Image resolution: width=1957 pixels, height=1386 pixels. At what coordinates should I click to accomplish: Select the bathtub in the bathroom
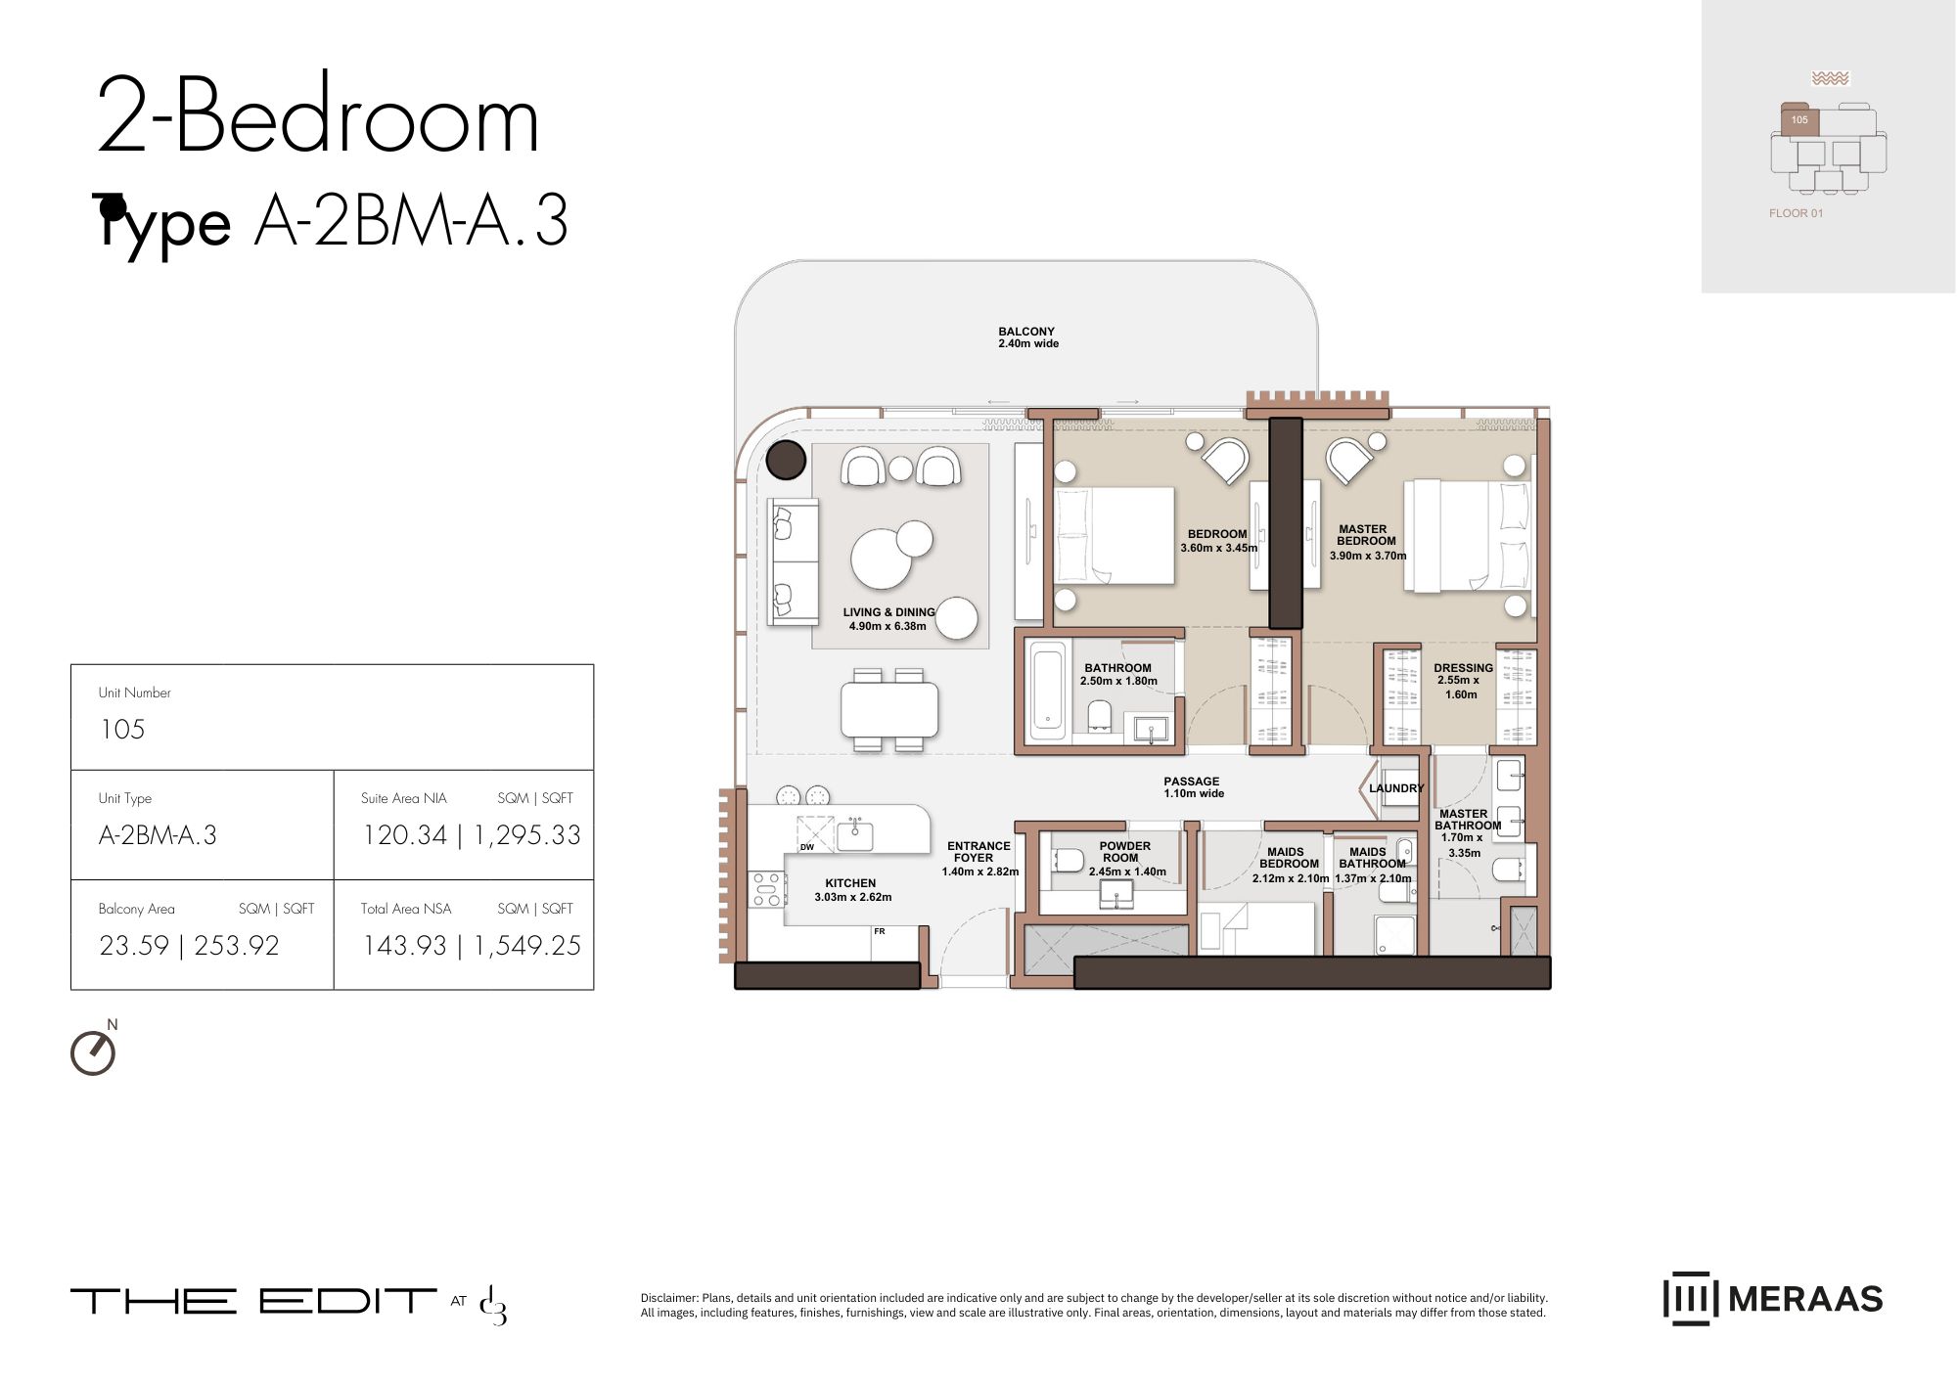(1047, 689)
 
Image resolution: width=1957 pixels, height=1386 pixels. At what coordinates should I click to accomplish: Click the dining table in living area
(888, 709)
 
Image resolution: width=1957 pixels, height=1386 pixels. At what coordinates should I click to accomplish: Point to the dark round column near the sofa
(786, 460)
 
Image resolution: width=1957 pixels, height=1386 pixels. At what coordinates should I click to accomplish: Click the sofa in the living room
(793, 561)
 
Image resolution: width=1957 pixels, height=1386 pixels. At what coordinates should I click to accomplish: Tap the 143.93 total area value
(404, 946)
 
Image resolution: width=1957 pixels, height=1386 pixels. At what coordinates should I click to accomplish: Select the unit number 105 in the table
(122, 730)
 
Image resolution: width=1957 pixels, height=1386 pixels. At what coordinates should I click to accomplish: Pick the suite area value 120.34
(404, 835)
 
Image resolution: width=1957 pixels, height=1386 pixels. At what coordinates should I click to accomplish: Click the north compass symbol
(93, 1052)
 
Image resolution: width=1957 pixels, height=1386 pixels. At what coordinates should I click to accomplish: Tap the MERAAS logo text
(1804, 1299)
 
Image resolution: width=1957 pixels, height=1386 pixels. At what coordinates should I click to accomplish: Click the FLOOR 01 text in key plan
(1796, 213)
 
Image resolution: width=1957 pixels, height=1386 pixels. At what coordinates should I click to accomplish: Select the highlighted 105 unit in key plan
(1799, 120)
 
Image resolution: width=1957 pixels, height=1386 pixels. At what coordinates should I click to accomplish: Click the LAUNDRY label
(1396, 788)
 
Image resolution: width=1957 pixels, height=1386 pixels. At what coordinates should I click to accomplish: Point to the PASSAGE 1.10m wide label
(1192, 787)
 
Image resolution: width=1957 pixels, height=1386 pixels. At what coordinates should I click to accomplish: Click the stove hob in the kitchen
(766, 889)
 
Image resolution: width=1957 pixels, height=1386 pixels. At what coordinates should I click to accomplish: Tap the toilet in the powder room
(1069, 861)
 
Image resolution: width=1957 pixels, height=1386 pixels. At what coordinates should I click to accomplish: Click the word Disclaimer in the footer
(669, 1298)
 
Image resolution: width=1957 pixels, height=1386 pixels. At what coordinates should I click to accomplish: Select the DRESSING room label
(1463, 668)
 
